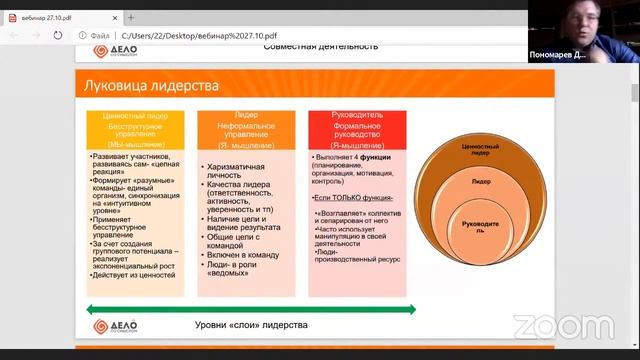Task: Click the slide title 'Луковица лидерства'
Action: tap(152, 86)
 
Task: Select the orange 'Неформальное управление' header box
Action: tap(247, 129)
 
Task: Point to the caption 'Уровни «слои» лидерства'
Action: tap(251, 326)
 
